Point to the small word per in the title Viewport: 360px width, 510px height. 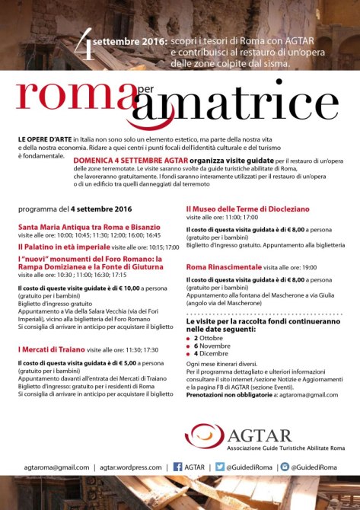[145, 91]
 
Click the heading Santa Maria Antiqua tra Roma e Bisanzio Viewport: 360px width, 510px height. [89, 227]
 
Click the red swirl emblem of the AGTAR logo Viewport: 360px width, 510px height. [201, 436]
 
